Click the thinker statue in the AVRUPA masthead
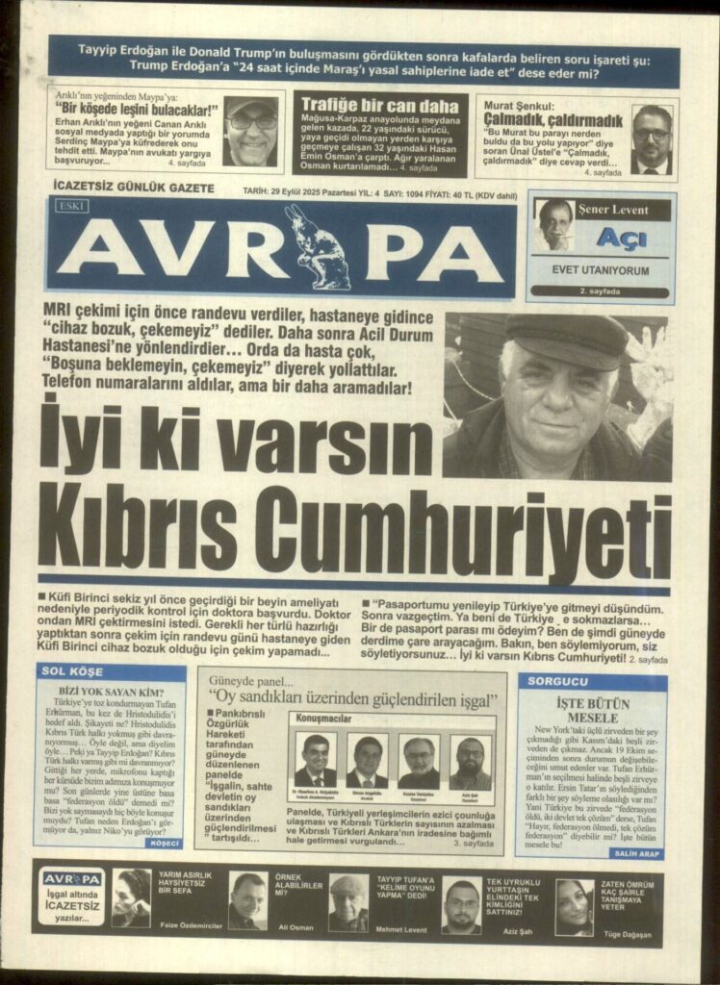317,247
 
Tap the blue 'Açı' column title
620,238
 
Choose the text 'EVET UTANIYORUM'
600,270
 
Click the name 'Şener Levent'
613,210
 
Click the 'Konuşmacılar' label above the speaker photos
322,718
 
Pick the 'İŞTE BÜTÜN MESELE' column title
592,711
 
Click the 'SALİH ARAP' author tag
635,852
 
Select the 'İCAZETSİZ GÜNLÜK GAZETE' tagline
134,189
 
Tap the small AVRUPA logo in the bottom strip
72,879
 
